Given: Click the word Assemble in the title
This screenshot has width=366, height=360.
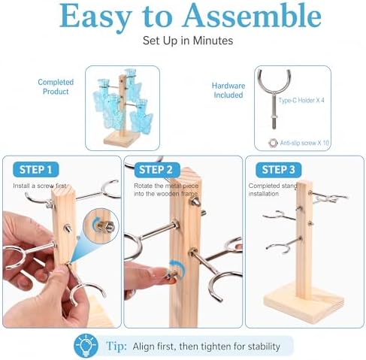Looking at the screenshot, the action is point(252,16).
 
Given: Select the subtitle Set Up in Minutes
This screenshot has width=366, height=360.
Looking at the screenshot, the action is point(188,41).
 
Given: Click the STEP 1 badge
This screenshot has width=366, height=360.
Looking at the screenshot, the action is point(36,170).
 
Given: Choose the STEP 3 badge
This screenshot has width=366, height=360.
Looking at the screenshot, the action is point(278,170).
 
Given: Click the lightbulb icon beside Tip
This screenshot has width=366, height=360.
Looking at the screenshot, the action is point(86,346).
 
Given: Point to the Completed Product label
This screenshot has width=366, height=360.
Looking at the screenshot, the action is point(56,86).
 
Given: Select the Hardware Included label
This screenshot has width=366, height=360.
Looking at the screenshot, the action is point(228,90).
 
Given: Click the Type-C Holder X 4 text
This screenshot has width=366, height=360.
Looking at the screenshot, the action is point(301,100).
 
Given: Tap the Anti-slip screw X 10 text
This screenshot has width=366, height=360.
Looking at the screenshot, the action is point(304,143).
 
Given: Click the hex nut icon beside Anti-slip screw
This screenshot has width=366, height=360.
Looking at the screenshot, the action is point(273,143).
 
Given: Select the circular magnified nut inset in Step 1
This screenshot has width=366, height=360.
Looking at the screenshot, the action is point(101,226).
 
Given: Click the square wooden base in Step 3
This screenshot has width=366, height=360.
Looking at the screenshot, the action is point(304,303).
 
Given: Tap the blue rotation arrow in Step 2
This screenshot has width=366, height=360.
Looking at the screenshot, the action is point(179,268).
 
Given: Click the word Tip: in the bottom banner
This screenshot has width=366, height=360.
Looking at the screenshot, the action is point(116,346).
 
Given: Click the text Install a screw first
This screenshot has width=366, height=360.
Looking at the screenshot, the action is point(40,186).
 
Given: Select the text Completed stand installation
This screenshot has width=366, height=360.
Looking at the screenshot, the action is point(273,189).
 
